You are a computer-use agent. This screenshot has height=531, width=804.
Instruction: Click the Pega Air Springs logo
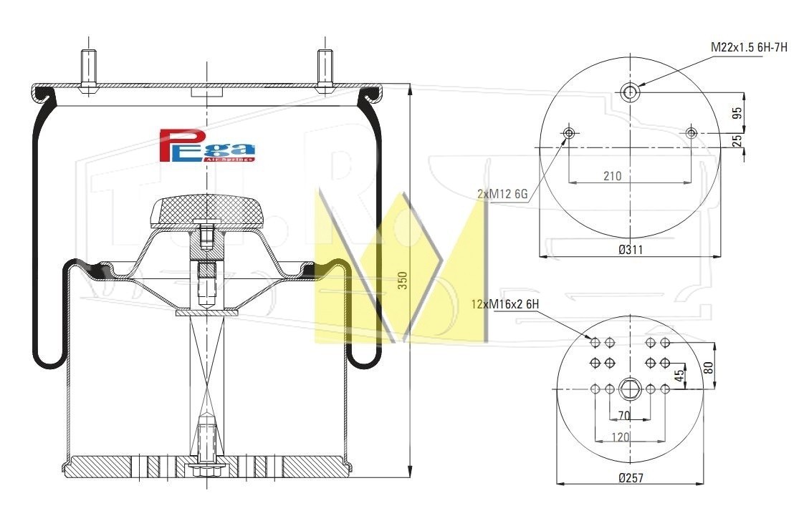pyautogui.click(x=206, y=145)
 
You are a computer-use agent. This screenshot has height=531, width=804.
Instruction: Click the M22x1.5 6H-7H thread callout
pyautogui.click(x=749, y=48)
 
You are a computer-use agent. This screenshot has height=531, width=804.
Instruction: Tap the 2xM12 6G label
pyautogui.click(x=502, y=194)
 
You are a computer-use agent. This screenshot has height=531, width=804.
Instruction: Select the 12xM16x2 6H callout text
pyautogui.click(x=505, y=304)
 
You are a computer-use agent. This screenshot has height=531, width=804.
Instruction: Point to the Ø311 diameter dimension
pyautogui.click(x=631, y=250)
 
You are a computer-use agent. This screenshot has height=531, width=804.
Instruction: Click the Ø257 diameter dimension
pyautogui.click(x=631, y=478)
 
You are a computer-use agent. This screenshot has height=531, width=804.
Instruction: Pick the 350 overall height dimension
pyautogui.click(x=403, y=281)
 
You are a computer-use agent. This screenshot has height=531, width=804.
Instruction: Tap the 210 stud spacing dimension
pyautogui.click(x=612, y=176)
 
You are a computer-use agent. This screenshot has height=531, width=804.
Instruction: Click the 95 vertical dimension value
pyautogui.click(x=737, y=113)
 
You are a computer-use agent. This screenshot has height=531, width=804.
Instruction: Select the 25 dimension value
pyautogui.click(x=737, y=140)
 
